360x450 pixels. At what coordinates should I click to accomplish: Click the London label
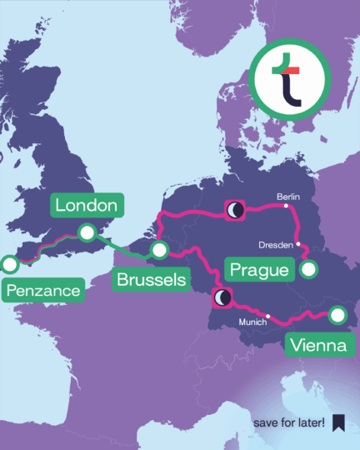[87, 205]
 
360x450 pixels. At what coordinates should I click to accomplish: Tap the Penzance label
[44, 291]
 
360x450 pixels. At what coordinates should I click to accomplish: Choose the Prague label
[259, 270]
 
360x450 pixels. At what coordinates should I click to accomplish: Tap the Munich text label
[252, 321]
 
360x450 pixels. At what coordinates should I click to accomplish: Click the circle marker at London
[86, 232]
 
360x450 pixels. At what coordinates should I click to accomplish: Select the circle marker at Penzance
[10, 265]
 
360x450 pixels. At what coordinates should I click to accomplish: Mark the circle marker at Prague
[309, 269]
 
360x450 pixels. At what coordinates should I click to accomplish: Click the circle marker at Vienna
[337, 315]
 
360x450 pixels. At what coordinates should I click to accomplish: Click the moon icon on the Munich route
[222, 297]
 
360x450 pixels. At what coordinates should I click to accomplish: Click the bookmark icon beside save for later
[338, 423]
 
